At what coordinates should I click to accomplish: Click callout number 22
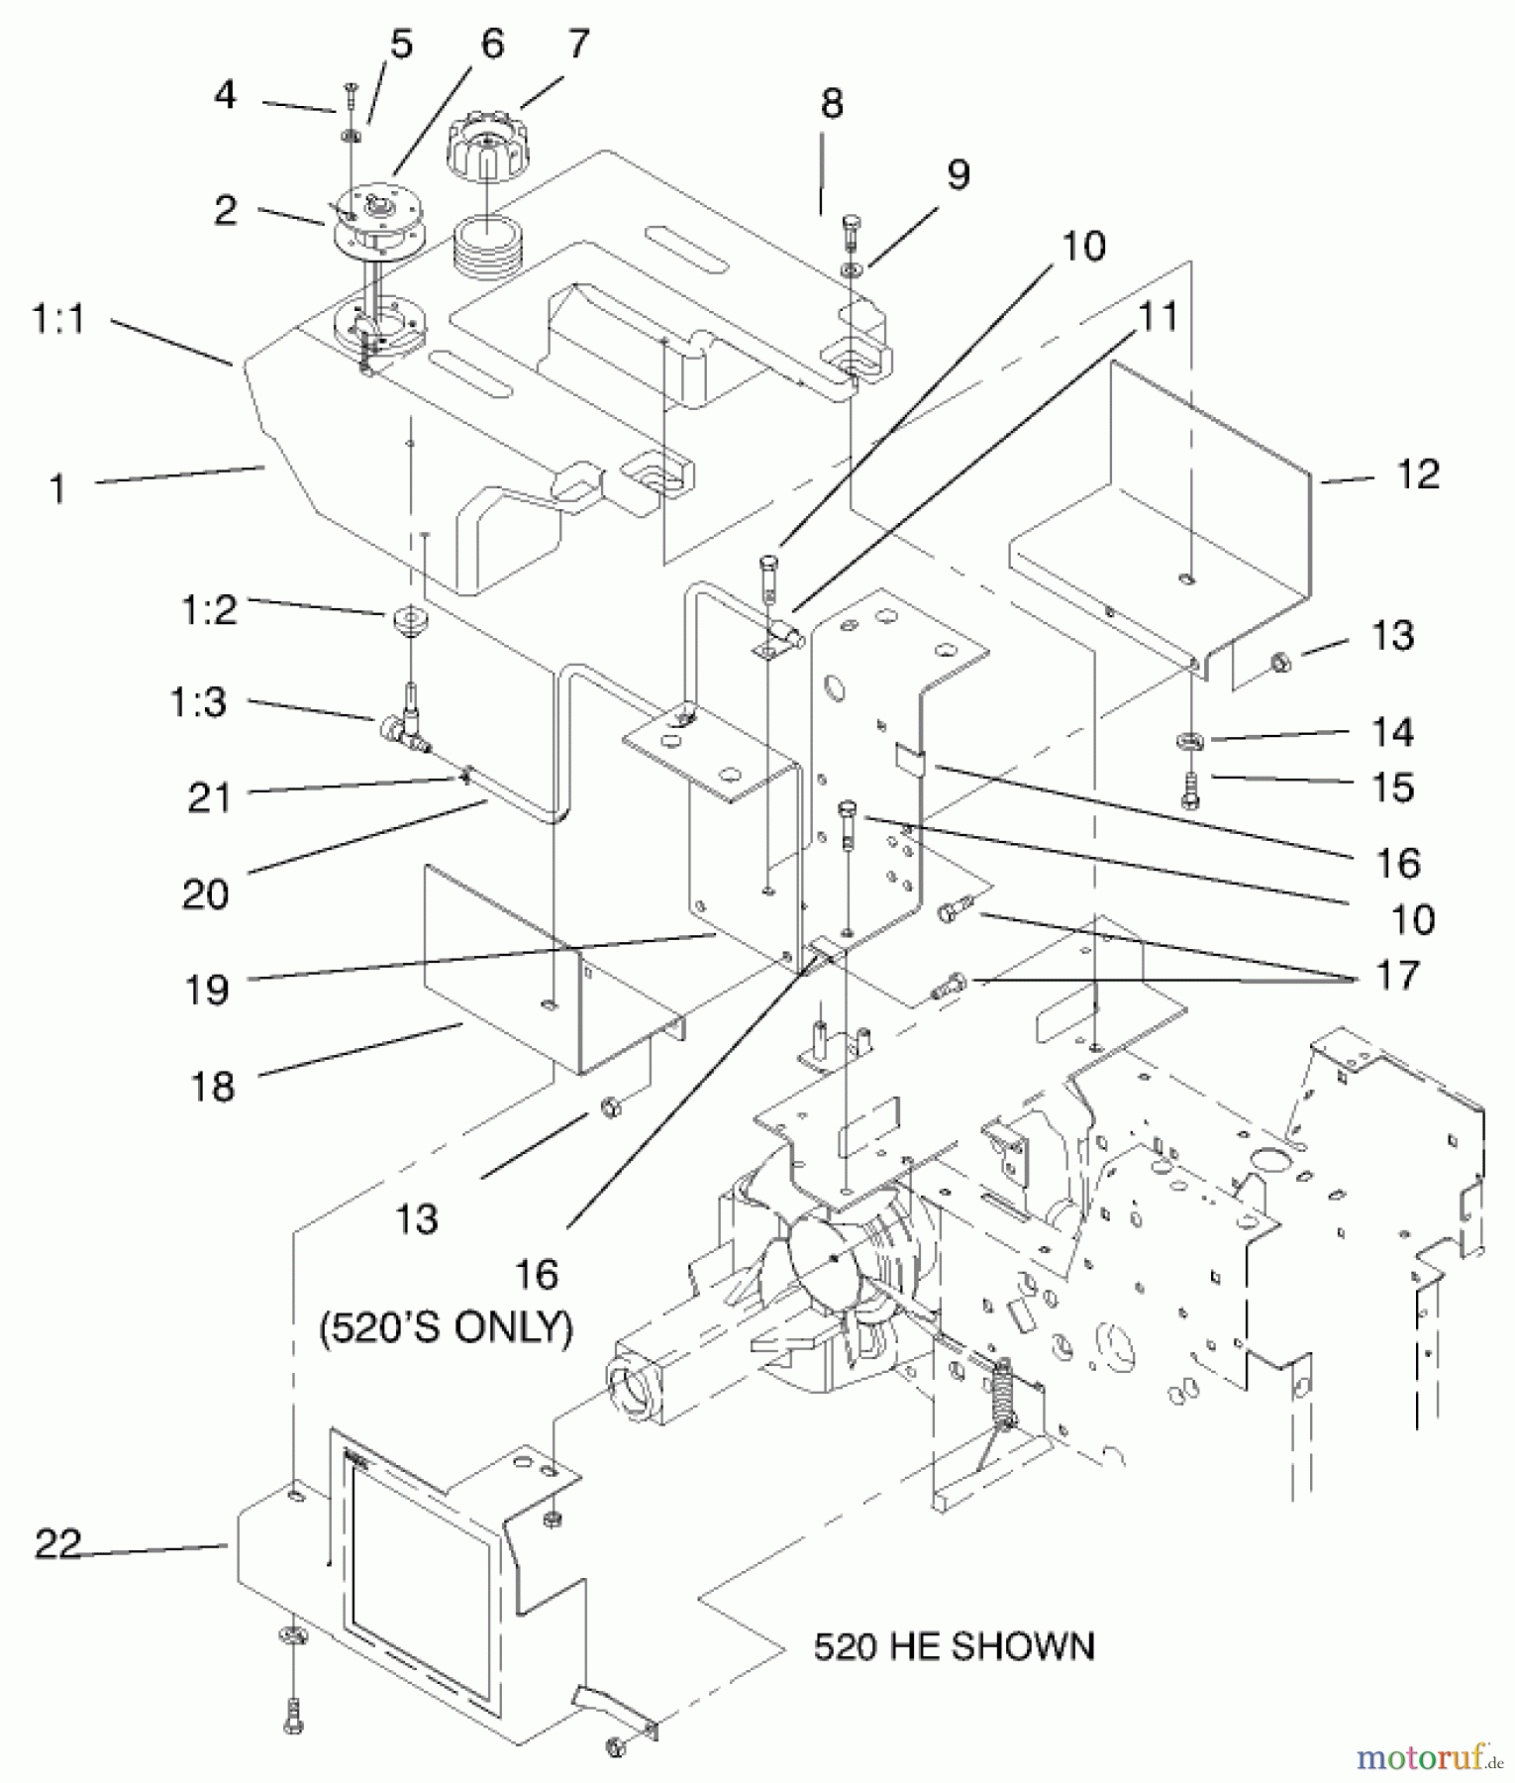click(58, 1543)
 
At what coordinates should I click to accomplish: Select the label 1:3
click(197, 702)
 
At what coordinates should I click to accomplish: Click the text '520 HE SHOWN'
click(954, 1646)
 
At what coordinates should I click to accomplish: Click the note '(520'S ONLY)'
click(446, 1327)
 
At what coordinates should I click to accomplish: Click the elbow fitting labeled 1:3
click(404, 725)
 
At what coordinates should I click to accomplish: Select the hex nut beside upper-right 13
click(1279, 661)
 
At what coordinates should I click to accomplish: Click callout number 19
click(207, 989)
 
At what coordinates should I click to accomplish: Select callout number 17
click(1397, 976)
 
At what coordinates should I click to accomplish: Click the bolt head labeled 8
click(851, 231)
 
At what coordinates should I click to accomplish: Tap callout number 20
click(205, 894)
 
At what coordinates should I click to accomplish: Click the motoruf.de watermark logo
click(1431, 1756)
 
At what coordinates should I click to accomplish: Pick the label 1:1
click(58, 320)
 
